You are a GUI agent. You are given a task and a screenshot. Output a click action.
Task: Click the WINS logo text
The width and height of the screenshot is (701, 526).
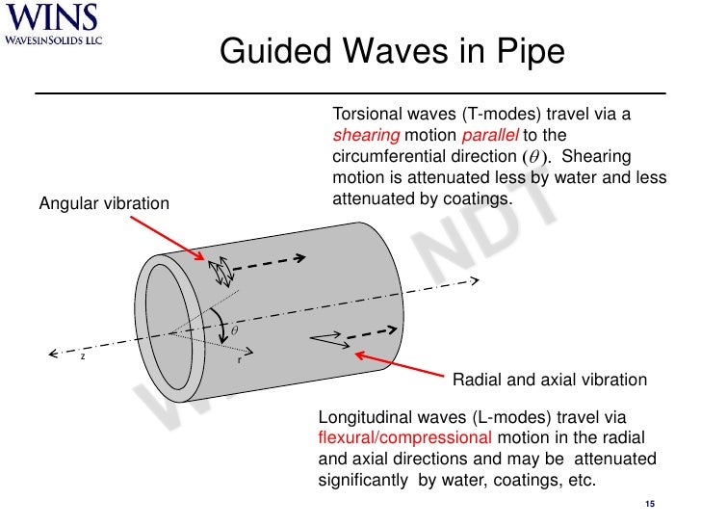click(51, 18)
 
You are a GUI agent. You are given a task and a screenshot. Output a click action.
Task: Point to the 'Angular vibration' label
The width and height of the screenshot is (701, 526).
click(103, 203)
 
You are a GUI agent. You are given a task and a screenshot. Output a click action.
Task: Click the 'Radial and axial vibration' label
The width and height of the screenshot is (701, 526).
click(550, 380)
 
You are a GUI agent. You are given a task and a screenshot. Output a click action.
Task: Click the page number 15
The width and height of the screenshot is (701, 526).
click(649, 506)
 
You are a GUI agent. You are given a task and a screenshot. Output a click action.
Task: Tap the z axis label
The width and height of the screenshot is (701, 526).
click(83, 355)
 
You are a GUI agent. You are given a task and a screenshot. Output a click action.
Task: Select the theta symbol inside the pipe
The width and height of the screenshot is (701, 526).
click(235, 329)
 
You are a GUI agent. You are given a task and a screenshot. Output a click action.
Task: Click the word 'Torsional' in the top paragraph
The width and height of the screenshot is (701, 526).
click(367, 115)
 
